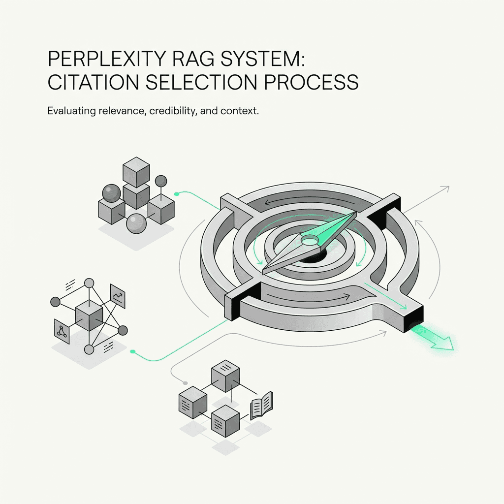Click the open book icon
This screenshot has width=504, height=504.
pos(261,407)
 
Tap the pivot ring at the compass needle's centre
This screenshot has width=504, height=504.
pos(310,240)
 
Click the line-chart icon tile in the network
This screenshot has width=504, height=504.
pos(118,296)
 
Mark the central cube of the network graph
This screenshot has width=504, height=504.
pos(89,315)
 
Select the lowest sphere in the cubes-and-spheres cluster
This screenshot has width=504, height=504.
pos(136,224)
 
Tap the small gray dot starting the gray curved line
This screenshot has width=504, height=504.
pos(185,382)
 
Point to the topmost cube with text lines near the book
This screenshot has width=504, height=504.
pos(225,377)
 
